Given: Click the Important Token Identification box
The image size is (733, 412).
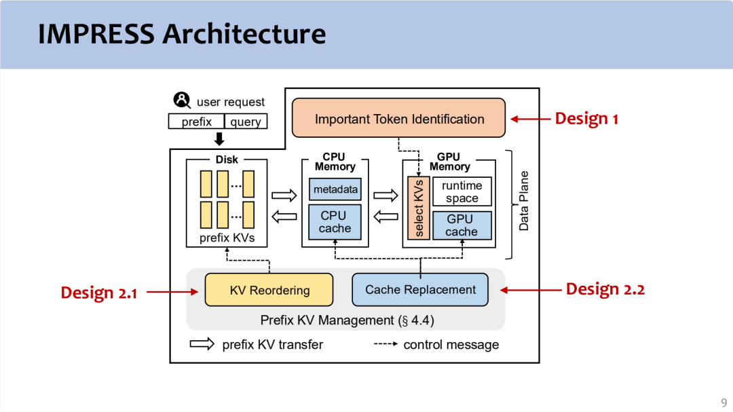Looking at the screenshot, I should pyautogui.click(x=399, y=118).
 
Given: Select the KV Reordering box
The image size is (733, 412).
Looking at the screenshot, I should pyautogui.click(x=269, y=290).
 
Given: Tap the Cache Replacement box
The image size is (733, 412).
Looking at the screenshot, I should pyautogui.click(x=420, y=289).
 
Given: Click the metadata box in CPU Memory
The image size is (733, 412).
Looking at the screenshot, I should pyautogui.click(x=335, y=189).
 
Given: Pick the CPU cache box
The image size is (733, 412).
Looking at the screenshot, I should pyautogui.click(x=335, y=222).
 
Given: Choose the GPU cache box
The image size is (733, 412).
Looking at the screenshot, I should pyautogui.click(x=462, y=225).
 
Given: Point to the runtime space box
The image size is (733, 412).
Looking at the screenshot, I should pyautogui.click(x=462, y=192).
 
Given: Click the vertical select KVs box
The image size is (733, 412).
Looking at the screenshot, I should pyautogui.click(x=419, y=208).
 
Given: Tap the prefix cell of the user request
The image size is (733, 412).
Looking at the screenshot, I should pyautogui.click(x=197, y=122).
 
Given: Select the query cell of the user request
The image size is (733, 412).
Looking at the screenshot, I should pyautogui.click(x=246, y=122).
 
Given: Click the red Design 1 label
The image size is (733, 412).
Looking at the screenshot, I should pyautogui.click(x=586, y=118).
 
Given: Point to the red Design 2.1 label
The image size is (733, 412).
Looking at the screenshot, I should pyautogui.click(x=98, y=293).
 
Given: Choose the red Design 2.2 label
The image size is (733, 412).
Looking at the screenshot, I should pyautogui.click(x=605, y=289).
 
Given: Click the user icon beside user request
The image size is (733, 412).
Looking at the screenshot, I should pyautogui.click(x=182, y=101).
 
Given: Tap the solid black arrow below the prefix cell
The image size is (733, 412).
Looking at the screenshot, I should pyautogui.click(x=219, y=139).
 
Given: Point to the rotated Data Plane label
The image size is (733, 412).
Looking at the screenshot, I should pyautogui.click(x=524, y=201).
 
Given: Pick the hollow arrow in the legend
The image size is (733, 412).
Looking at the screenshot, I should pyautogui.click(x=202, y=344).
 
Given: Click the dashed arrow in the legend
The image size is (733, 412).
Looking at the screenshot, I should pyautogui.click(x=386, y=344).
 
